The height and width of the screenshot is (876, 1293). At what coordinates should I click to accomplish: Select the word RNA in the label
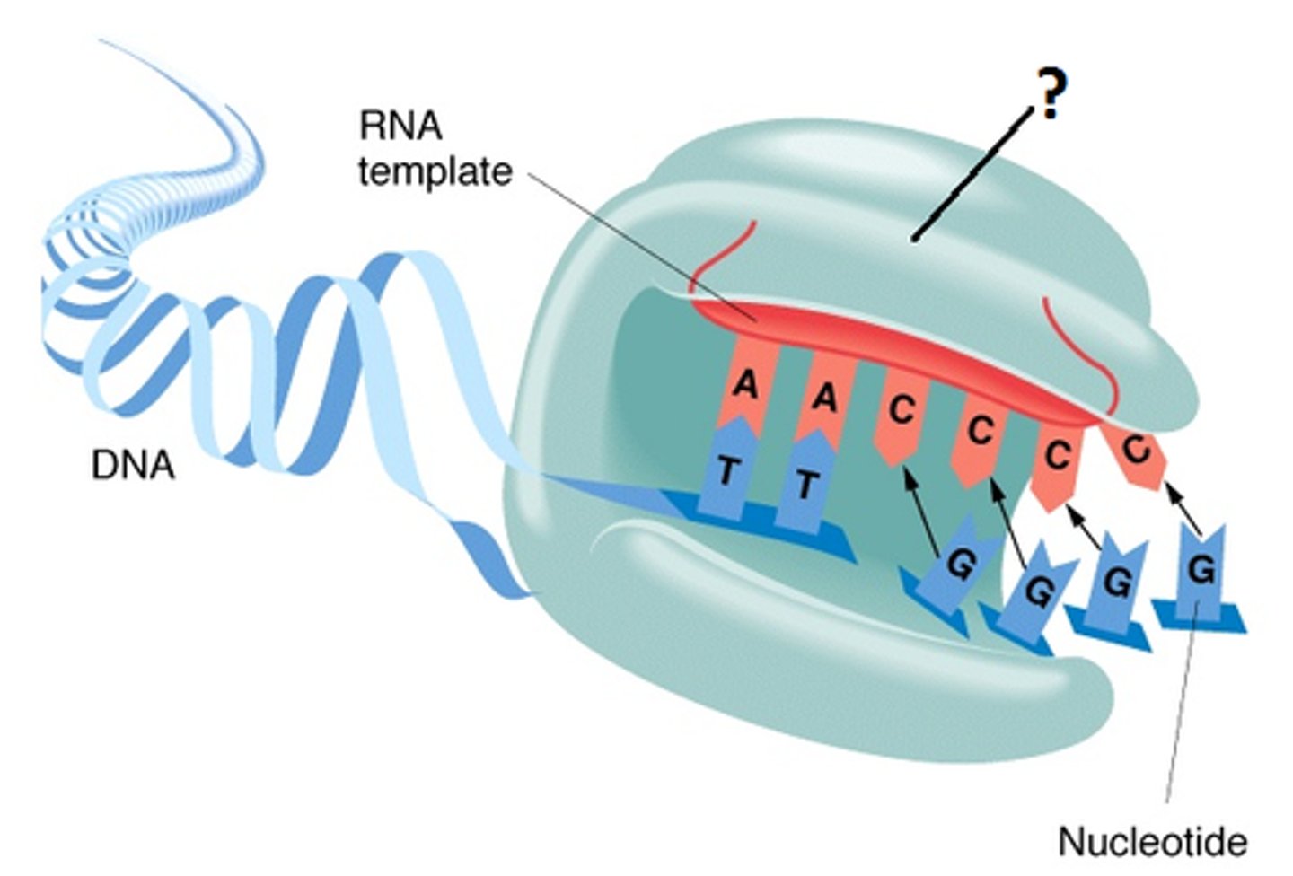coord(400,126)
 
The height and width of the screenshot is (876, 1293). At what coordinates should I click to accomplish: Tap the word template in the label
coord(435,171)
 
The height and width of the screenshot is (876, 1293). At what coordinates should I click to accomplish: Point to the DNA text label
coord(133,466)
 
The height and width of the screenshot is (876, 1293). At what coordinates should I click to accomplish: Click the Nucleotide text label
coord(1152,842)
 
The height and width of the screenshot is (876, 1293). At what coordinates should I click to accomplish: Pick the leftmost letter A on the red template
coord(744,385)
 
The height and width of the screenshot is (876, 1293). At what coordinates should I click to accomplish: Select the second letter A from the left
coord(823,395)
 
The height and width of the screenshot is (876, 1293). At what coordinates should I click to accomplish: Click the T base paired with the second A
coord(805,485)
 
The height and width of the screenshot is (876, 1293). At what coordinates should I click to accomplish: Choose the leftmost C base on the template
coord(901,410)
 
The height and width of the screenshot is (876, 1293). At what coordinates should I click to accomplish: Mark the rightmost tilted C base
coord(1136,448)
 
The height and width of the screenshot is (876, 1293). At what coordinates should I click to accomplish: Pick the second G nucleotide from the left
coord(1038,590)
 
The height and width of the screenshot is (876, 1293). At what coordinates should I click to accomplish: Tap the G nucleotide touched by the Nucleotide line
coord(1200,569)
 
